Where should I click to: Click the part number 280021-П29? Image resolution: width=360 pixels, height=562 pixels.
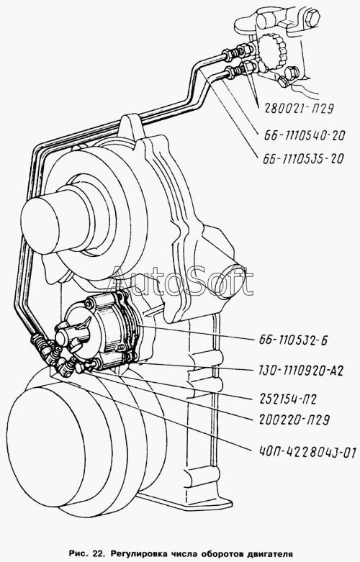point(300,107)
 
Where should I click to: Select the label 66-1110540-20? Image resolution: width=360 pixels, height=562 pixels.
point(305,135)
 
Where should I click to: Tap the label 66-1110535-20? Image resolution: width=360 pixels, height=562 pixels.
point(303,158)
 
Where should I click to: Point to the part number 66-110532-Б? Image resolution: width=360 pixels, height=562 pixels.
point(293,340)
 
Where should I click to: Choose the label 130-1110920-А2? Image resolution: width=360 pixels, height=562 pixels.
point(300,371)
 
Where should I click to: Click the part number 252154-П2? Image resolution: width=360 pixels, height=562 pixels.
point(287,399)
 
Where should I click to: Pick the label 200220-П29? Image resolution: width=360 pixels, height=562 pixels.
point(294,419)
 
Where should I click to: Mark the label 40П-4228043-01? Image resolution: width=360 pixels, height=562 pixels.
point(307,452)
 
